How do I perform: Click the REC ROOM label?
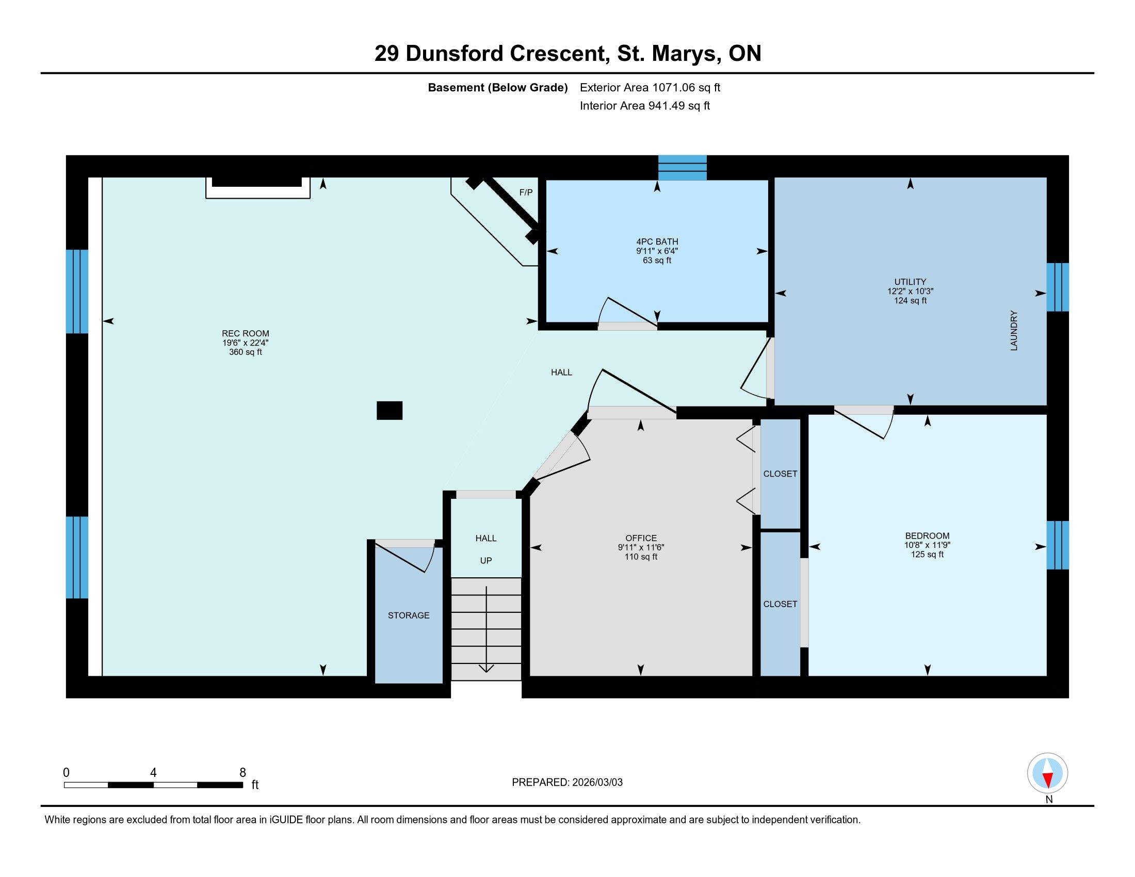pos(245,334)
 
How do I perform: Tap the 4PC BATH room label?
pos(657,241)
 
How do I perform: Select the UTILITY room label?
pos(910,282)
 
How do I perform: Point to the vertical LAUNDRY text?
pos(1014,331)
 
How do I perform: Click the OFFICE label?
pos(641,538)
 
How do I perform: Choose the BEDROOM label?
pos(927,535)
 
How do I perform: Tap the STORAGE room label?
pos(409,615)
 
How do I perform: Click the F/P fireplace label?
pos(526,192)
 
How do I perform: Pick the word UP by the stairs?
pos(486,561)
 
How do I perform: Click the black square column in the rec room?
pos(389,411)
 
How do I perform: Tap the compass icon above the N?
pos(1048,773)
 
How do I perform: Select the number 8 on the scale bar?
pos(242,773)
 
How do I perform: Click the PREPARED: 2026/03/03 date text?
pos(567,783)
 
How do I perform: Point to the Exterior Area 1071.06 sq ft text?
pos(650,87)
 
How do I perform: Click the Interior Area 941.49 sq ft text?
pos(645,106)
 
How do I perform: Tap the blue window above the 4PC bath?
pos(683,167)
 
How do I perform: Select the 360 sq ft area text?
pos(245,352)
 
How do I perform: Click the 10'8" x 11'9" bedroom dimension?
pos(927,545)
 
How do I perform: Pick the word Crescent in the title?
pos(560,54)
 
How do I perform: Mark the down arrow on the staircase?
pos(486,629)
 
